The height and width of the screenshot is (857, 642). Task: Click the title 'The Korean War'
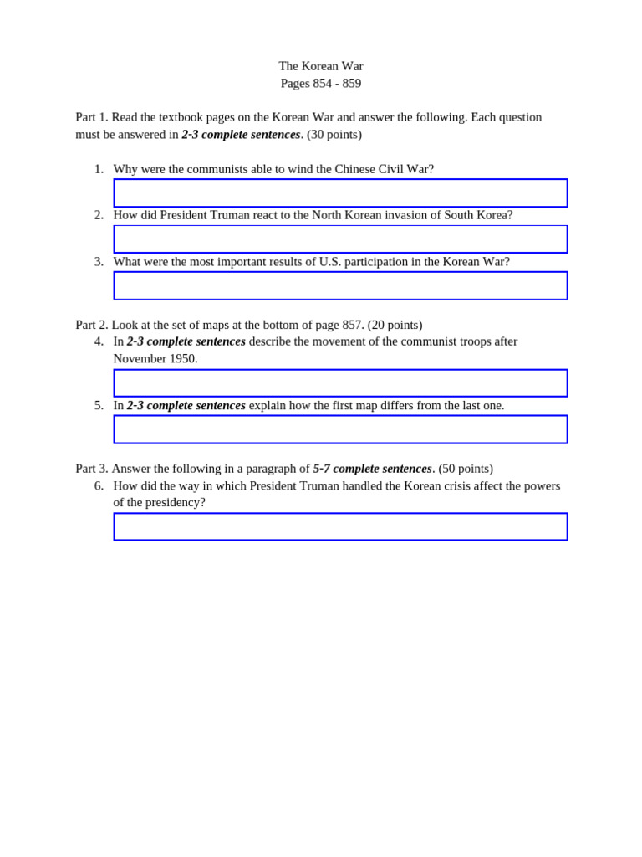[321, 66]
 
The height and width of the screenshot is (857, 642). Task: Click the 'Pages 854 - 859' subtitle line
[321, 84]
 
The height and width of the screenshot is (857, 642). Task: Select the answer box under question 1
[340, 192]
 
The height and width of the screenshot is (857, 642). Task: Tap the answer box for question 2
[340, 239]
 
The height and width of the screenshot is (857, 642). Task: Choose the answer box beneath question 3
[340, 285]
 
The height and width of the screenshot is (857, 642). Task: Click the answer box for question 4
[340, 382]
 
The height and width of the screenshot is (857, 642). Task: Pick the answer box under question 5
[340, 429]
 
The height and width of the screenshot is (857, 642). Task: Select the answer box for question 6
[340, 526]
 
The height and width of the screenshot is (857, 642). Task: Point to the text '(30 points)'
[334, 135]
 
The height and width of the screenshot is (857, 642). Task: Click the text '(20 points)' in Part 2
[395, 325]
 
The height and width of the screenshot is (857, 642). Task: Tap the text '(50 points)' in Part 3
[466, 469]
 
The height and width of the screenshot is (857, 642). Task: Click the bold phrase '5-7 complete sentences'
[372, 469]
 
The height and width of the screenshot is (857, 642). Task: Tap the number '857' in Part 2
[352, 325]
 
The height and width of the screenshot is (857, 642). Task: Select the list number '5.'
[99, 406]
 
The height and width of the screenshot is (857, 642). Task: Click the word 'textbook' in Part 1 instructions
[196, 117]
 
